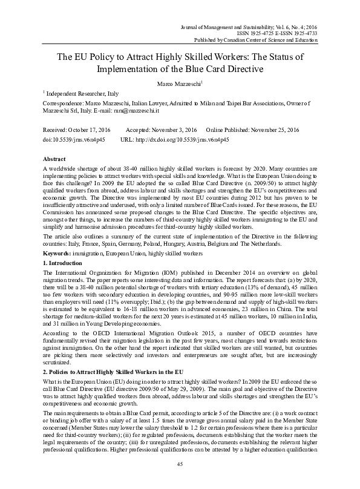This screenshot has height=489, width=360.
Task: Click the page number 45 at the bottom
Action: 180,463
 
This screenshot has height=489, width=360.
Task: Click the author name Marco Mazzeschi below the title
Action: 179,82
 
